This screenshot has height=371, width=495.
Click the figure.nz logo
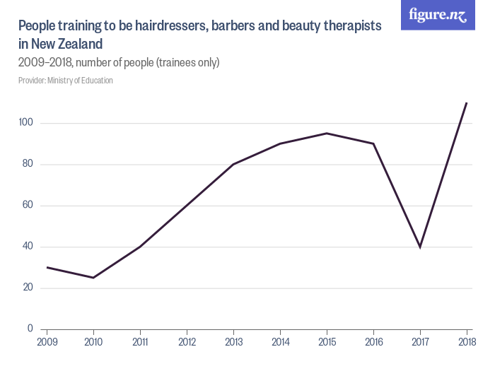[437, 16]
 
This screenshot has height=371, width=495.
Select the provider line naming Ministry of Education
[66, 81]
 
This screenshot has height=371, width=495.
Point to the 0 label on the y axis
[30, 329]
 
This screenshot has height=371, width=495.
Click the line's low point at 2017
[420, 247]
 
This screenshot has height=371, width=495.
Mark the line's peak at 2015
[327, 133]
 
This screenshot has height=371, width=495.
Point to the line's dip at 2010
[93, 278]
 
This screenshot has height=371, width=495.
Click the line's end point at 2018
[467, 102]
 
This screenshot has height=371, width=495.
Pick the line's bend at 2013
[233, 165]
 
